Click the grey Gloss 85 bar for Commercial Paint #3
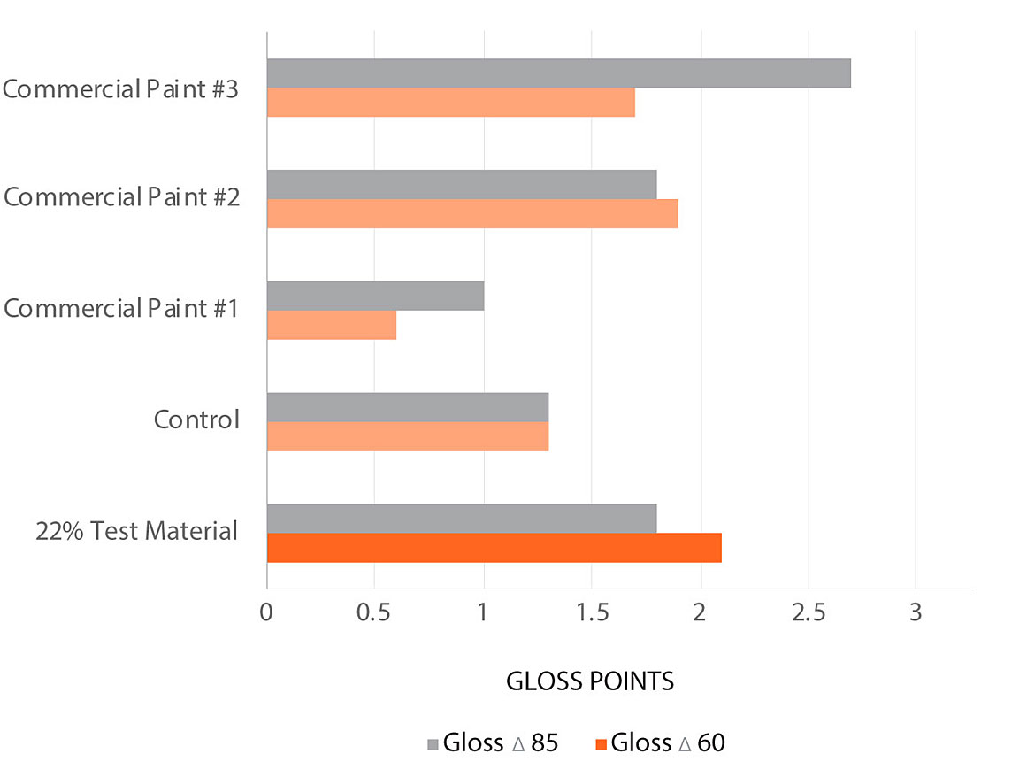pyautogui.click(x=558, y=73)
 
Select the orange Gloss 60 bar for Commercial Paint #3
pyautogui.click(x=450, y=103)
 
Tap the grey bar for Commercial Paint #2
pyautogui.click(x=461, y=184)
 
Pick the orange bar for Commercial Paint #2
pyautogui.click(x=471, y=213)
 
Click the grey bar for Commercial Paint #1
pyautogui.click(x=375, y=296)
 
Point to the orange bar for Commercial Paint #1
pyautogui.click(x=331, y=325)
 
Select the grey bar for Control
pyautogui.click(x=407, y=407)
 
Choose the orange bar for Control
pyautogui.click(x=407, y=436)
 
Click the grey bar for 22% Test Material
pyautogui.click(x=461, y=519)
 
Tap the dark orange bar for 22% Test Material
pyautogui.click(x=494, y=548)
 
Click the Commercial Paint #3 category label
pyautogui.click(x=120, y=89)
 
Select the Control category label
pyautogui.click(x=196, y=419)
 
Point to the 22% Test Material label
pyautogui.click(x=137, y=531)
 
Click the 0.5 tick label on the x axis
pyautogui.click(x=374, y=613)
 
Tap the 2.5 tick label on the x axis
pyautogui.click(x=808, y=613)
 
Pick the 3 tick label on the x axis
pyautogui.click(x=916, y=613)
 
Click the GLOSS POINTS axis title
pyautogui.click(x=590, y=681)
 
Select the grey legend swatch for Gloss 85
pyautogui.click(x=433, y=743)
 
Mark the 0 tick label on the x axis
pyautogui.click(x=266, y=613)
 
